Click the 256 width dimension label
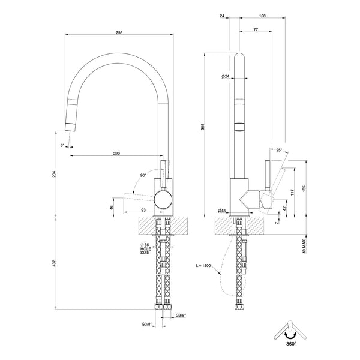(x=119, y=32)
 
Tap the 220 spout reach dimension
(x=116, y=154)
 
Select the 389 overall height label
(x=203, y=127)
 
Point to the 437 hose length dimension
(x=55, y=263)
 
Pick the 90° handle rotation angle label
(x=143, y=175)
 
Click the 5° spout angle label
(x=62, y=145)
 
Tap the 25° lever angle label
(x=279, y=150)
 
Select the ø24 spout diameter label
(x=226, y=76)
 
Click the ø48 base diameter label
(x=222, y=211)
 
